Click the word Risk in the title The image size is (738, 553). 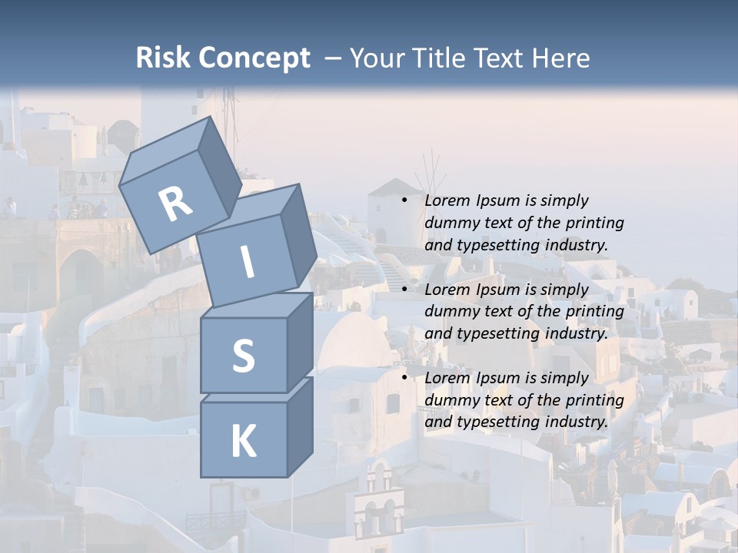click(163, 58)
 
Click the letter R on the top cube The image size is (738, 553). click(175, 204)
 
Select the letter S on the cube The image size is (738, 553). click(243, 356)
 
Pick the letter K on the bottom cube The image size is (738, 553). click(243, 442)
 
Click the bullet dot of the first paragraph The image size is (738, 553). click(404, 200)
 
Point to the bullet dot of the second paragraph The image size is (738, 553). click(404, 290)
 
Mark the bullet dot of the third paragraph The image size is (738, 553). click(404, 378)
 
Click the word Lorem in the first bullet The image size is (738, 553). click(447, 200)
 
